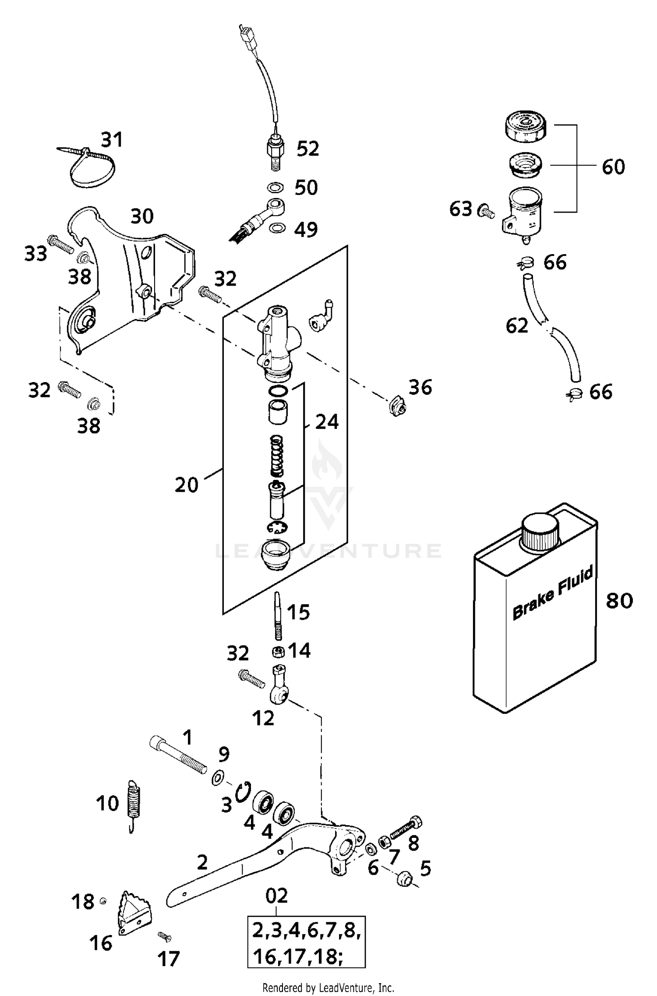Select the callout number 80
click(x=619, y=600)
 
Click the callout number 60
click(x=613, y=167)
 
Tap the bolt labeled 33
click(x=61, y=245)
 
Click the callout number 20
click(x=186, y=485)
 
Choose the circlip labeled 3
click(x=242, y=792)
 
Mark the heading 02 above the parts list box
click(x=277, y=896)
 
